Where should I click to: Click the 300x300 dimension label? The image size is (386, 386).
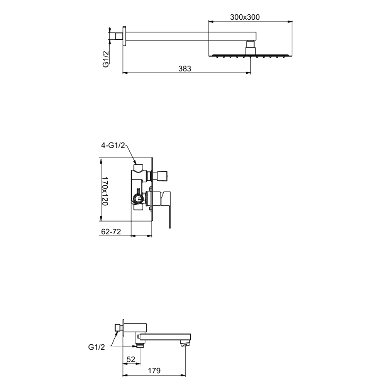click(x=245, y=17)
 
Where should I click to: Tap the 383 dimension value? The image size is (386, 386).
click(x=185, y=69)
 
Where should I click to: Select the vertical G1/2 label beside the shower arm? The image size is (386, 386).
click(x=106, y=58)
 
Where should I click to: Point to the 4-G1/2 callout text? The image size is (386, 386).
click(x=113, y=145)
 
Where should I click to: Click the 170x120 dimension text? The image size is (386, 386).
click(x=105, y=191)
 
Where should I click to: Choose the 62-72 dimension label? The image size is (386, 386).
click(x=111, y=232)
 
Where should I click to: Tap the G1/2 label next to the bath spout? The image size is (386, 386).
click(x=96, y=347)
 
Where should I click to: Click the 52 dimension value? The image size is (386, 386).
click(x=131, y=359)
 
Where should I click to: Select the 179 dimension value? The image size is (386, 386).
click(x=154, y=371)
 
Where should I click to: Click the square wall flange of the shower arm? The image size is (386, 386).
click(x=125, y=36)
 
